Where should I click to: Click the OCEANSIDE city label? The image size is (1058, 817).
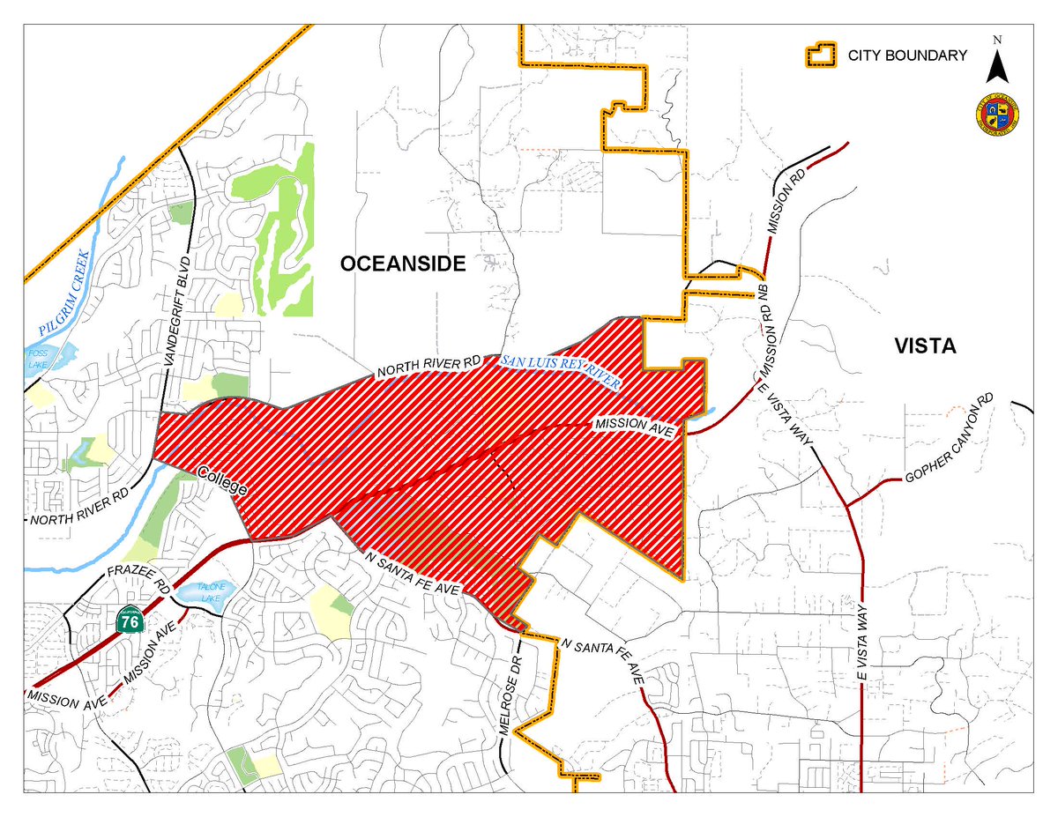(x=403, y=264)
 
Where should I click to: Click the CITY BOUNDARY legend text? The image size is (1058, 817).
(x=907, y=56)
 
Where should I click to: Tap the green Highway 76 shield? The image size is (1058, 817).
(x=130, y=620)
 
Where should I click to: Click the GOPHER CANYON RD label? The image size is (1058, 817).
(x=950, y=439)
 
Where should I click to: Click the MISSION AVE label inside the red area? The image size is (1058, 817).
(x=635, y=427)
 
